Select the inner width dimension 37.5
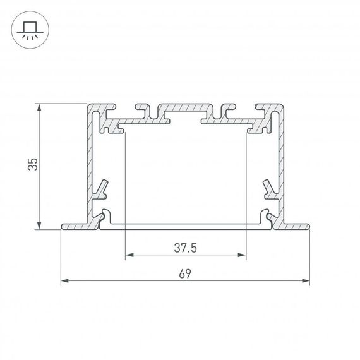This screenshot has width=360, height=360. pyautogui.click(x=186, y=248)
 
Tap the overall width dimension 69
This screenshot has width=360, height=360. pyautogui.click(x=185, y=273)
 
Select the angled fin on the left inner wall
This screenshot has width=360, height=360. pyautogui.click(x=102, y=188)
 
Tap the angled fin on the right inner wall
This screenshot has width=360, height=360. pyautogui.click(x=268, y=188)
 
